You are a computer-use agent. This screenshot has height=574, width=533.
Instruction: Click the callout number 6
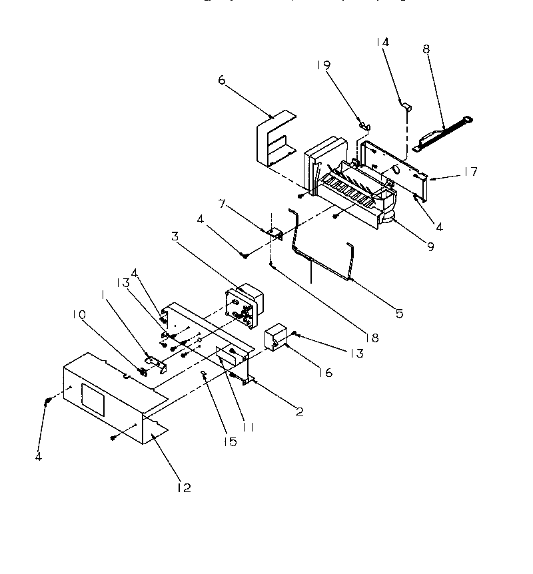point(222,81)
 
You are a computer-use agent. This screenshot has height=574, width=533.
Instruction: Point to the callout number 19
point(323,65)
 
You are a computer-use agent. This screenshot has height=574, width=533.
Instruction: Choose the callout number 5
point(398,312)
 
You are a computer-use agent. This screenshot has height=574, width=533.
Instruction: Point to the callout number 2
point(299,412)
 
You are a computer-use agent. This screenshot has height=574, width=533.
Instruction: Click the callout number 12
point(183,487)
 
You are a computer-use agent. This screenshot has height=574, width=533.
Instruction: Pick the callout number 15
point(230,441)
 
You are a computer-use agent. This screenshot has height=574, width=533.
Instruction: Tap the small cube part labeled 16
point(275,339)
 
